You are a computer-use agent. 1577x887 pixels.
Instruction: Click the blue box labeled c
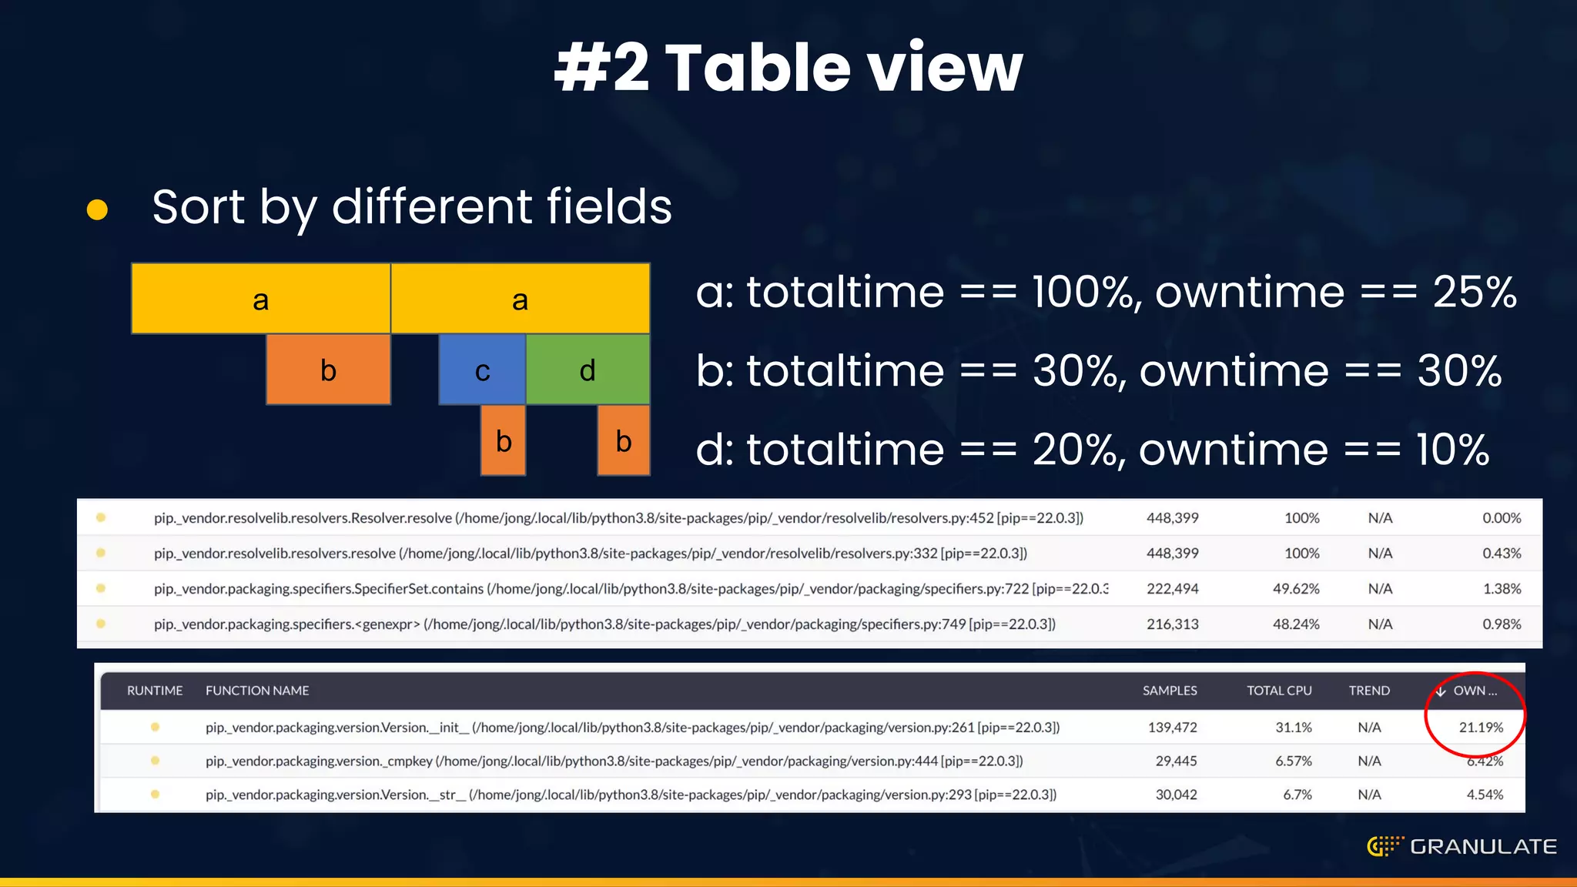click(x=482, y=370)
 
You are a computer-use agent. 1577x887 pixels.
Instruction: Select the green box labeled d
click(x=588, y=370)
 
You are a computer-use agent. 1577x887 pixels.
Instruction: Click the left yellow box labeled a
click(x=261, y=299)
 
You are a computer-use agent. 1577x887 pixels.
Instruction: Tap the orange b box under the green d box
click(x=624, y=440)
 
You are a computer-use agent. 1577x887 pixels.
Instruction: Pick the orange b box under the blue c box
click(x=504, y=440)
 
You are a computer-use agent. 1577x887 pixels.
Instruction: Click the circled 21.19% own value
click(x=1480, y=727)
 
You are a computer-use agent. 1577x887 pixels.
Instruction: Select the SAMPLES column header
click(x=1169, y=691)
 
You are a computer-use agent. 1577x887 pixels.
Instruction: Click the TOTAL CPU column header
click(x=1279, y=691)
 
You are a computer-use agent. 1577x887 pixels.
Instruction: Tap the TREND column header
click(x=1368, y=691)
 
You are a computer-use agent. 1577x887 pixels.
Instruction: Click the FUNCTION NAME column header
click(x=257, y=691)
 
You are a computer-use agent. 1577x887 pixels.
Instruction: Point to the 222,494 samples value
click(x=1172, y=588)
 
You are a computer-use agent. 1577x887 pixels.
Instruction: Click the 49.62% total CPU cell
click(x=1295, y=588)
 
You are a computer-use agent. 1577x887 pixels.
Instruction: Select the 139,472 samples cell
click(x=1172, y=727)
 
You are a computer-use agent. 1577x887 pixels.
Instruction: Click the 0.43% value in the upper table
click(x=1501, y=553)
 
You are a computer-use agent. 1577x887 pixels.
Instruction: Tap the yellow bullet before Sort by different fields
click(x=97, y=209)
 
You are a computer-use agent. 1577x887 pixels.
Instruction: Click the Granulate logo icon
click(x=1384, y=846)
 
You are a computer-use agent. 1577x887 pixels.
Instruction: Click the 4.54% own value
click(x=1484, y=794)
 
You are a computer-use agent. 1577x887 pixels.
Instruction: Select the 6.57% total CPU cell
click(x=1293, y=761)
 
